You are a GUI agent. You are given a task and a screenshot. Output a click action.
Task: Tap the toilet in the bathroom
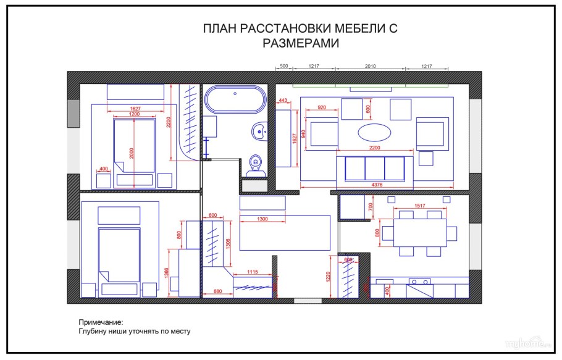[254, 162]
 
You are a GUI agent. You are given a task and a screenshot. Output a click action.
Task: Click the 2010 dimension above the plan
[370, 65]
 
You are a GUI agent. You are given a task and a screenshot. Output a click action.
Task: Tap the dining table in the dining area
[419, 233]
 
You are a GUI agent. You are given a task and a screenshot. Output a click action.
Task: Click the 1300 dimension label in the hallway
[262, 219]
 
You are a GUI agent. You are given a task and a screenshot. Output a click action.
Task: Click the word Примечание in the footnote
[101, 322]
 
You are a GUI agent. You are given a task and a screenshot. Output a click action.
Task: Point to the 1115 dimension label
[252, 272]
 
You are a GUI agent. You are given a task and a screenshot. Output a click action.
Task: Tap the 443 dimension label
[283, 100]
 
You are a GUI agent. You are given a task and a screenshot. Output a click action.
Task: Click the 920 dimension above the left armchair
[321, 107]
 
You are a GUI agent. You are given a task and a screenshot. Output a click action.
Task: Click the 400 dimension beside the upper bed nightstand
[103, 169]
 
